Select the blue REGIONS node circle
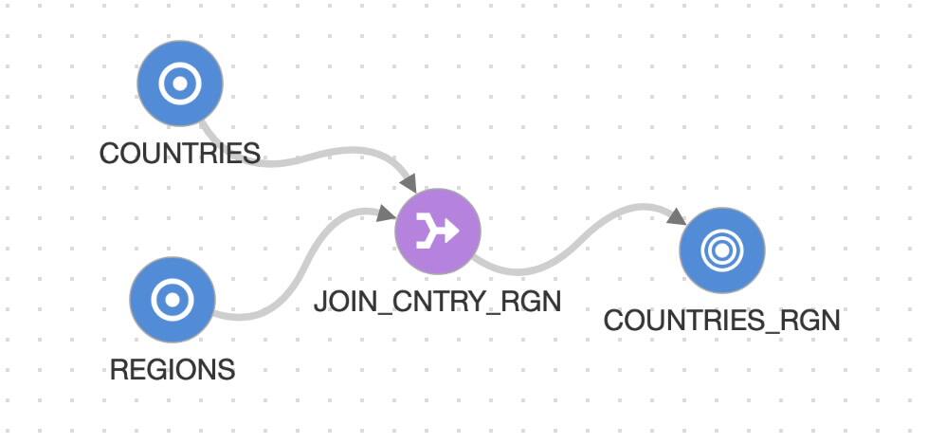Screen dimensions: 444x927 (x=173, y=301)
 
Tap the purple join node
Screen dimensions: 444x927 (x=438, y=230)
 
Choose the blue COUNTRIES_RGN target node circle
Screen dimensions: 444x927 (x=721, y=250)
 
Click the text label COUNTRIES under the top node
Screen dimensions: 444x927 (x=179, y=153)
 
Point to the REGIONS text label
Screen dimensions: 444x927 (x=173, y=369)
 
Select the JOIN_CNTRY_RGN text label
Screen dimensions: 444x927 (x=438, y=301)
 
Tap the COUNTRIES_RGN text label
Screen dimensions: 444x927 (x=721, y=321)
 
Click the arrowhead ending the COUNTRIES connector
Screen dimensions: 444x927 (x=409, y=181)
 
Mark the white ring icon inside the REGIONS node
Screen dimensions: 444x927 (x=173, y=301)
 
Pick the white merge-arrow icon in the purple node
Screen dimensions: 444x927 (x=438, y=230)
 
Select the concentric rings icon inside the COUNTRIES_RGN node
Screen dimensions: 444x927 (x=721, y=250)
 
